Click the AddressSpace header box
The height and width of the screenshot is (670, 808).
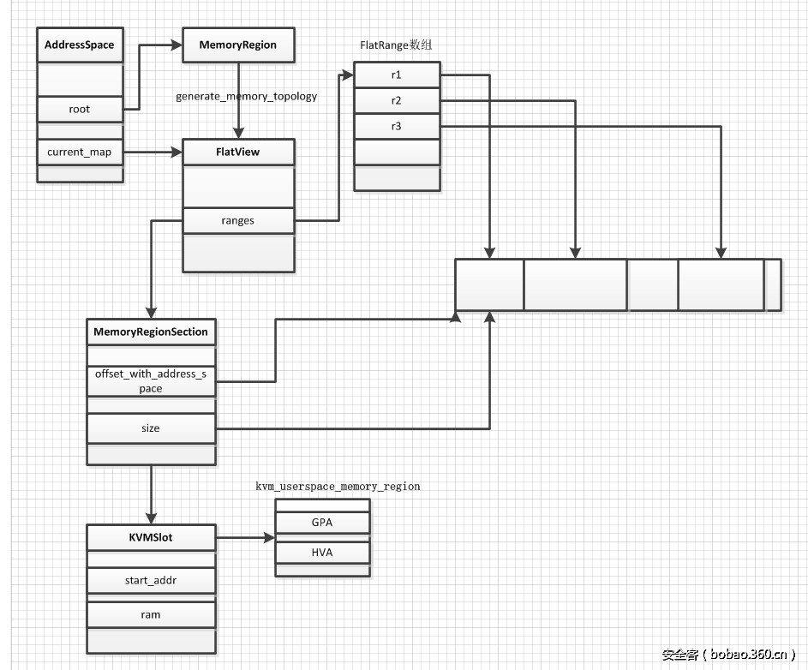click(79, 45)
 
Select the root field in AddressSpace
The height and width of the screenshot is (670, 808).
click(79, 109)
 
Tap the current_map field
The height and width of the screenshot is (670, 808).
click(79, 153)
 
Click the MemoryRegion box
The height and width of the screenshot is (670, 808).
click(238, 45)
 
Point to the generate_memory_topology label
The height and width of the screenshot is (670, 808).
click(247, 96)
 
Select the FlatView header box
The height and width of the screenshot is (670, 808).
click(238, 153)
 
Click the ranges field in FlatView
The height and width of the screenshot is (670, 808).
click(238, 220)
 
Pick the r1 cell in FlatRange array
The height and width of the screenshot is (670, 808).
click(397, 75)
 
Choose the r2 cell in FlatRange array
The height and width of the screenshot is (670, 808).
click(397, 100)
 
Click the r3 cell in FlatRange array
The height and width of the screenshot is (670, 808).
click(397, 126)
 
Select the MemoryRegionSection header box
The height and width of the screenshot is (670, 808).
click(151, 332)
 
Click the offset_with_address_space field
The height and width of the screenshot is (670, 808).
click(151, 380)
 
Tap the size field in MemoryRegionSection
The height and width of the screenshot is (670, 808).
click(151, 428)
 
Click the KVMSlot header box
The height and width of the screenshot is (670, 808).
click(151, 538)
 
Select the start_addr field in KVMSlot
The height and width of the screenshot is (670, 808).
click(151, 580)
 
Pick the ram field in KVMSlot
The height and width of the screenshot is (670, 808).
click(151, 614)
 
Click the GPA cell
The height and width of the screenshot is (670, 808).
click(322, 523)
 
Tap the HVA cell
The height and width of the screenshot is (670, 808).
click(322, 553)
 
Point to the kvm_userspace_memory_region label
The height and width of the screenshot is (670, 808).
click(338, 486)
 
